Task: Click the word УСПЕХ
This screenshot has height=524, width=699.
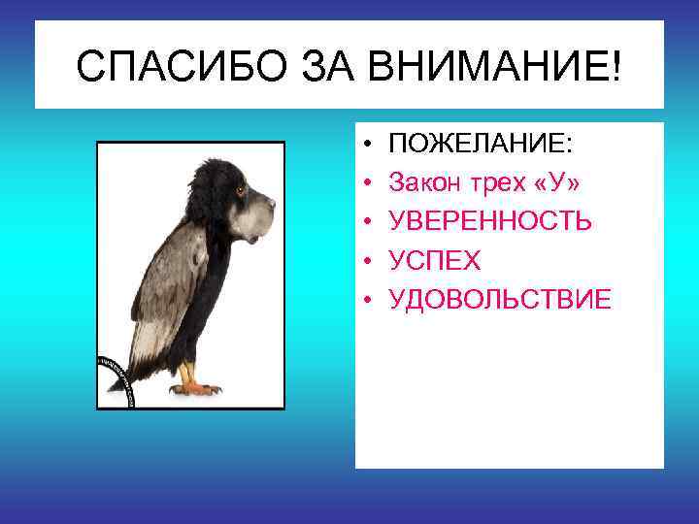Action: [435, 261]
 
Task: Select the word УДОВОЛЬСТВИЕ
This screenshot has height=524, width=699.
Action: [500, 300]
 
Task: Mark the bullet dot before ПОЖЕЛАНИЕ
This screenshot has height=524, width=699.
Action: [370, 146]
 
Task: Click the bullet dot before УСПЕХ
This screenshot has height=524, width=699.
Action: [370, 262]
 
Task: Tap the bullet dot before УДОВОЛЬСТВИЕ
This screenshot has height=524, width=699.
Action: [370, 301]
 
